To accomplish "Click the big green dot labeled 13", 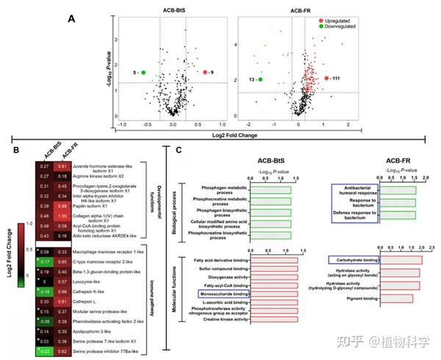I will [x=261, y=78].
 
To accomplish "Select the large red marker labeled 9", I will [x=204, y=72].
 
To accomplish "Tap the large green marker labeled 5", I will [x=143, y=72].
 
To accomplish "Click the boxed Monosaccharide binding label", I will [x=223, y=293].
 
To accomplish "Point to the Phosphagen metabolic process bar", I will [x=270, y=190].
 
